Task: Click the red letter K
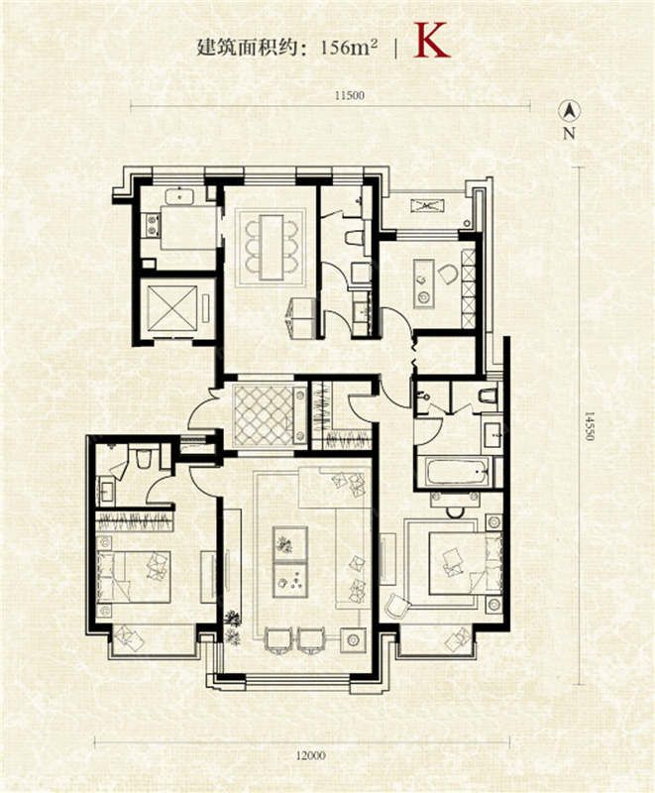tap(431, 40)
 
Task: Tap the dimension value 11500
tap(349, 95)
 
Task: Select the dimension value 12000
tap(311, 755)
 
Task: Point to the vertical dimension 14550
tap(589, 425)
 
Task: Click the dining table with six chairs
tap(272, 246)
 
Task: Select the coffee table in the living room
tap(290, 558)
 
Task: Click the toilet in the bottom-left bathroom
tap(144, 456)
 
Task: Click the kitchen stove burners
tap(151, 226)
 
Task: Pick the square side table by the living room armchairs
tap(353, 640)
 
